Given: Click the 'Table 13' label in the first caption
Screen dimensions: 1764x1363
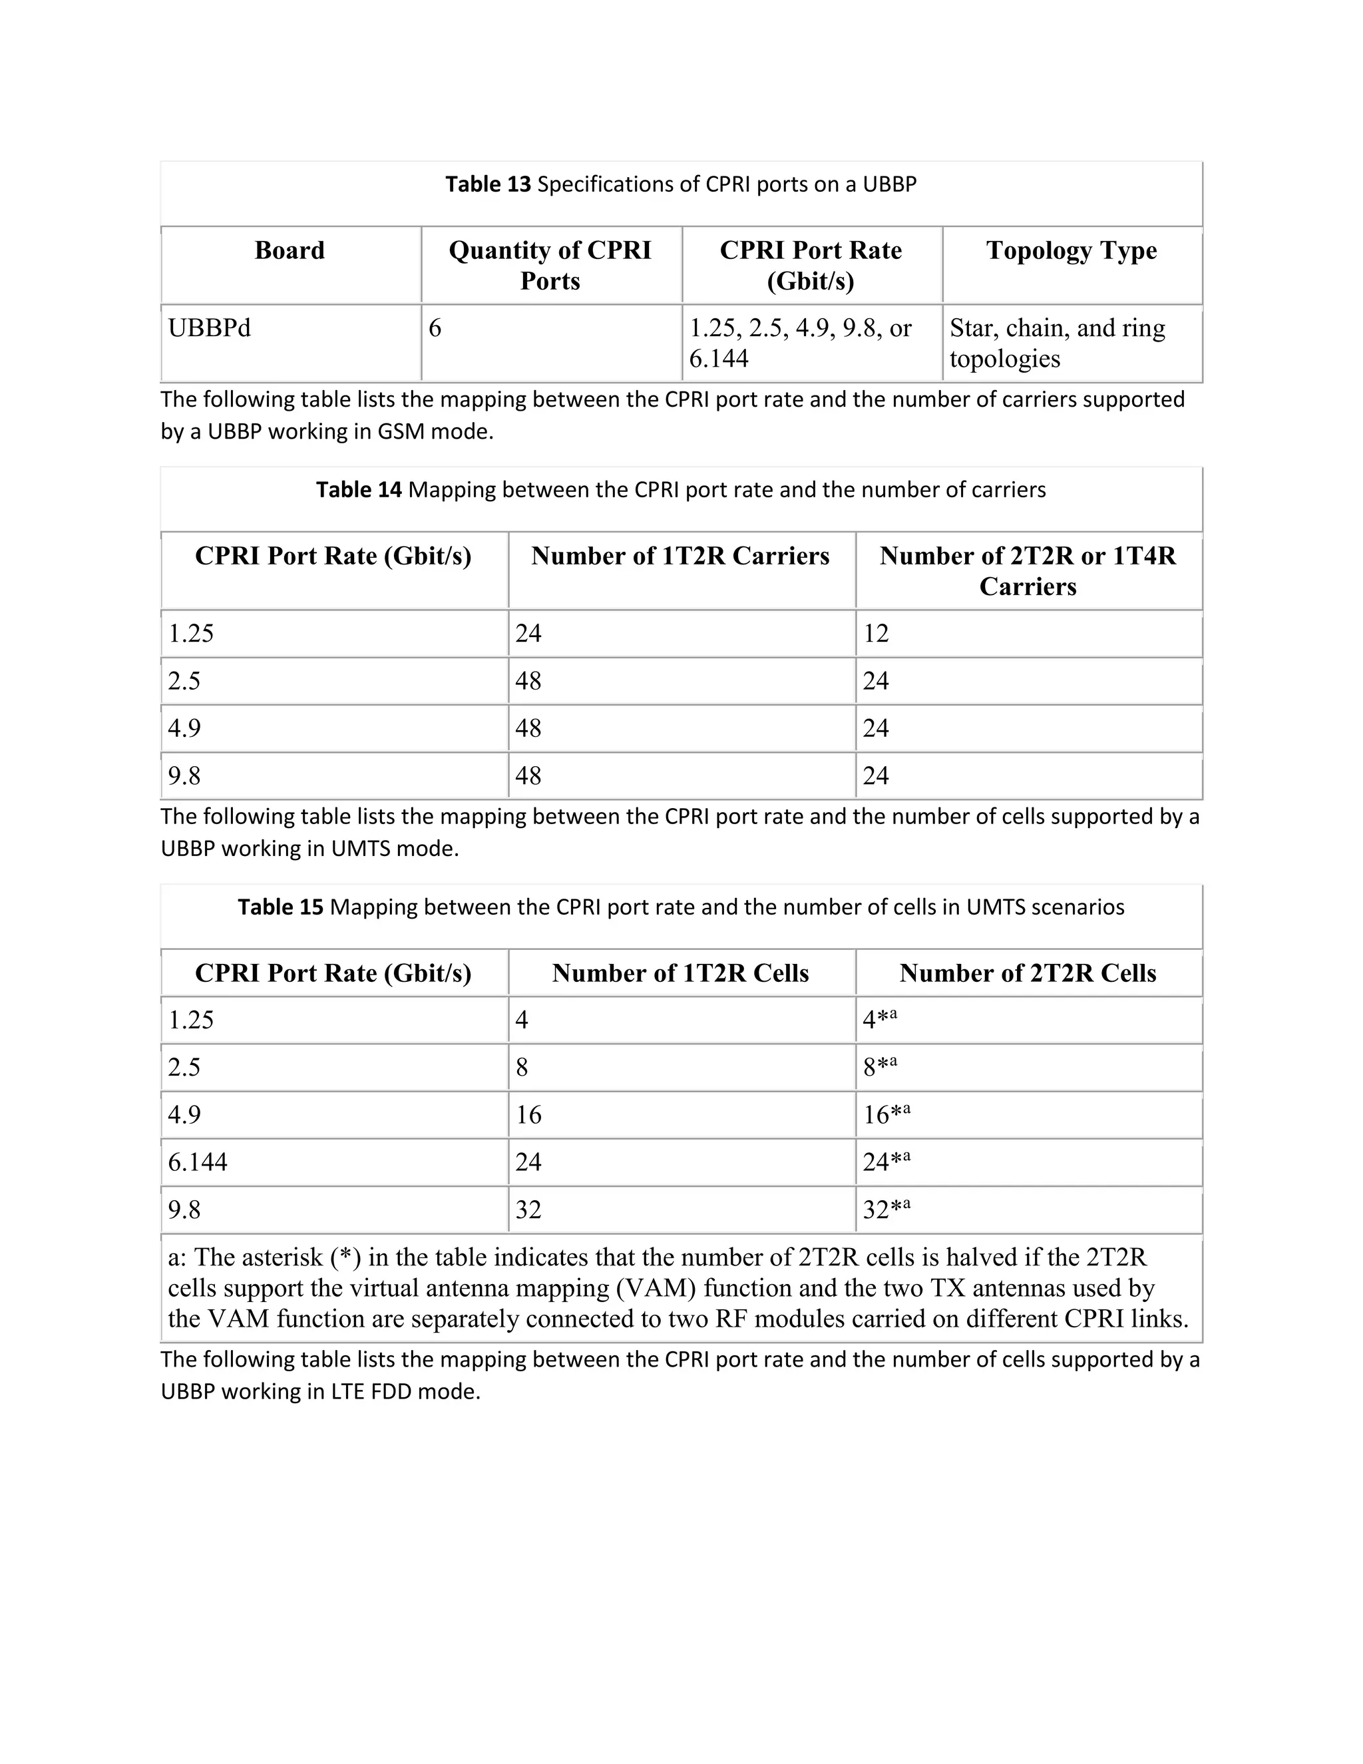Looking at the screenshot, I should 488,184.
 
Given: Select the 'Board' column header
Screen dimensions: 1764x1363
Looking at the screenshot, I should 290,250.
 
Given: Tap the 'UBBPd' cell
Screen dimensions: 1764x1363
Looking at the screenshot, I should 210,328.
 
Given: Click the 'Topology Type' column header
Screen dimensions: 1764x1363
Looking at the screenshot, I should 1071,250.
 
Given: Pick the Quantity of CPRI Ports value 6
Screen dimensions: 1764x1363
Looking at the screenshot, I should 435,328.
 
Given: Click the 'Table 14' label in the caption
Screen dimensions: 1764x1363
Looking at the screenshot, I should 359,489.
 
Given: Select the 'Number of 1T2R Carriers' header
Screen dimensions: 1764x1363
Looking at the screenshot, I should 680,556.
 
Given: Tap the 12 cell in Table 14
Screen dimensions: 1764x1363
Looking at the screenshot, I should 876,633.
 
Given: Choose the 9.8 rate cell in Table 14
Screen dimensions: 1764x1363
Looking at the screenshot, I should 184,776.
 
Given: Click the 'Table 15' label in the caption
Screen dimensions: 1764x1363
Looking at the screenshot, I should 280,907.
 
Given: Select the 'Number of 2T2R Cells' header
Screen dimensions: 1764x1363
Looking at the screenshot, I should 1027,973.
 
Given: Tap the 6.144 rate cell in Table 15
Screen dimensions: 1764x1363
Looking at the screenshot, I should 198,1162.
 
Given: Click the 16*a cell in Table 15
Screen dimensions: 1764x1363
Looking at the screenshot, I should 886,1114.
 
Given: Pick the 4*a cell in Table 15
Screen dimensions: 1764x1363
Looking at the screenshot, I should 879,1019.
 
